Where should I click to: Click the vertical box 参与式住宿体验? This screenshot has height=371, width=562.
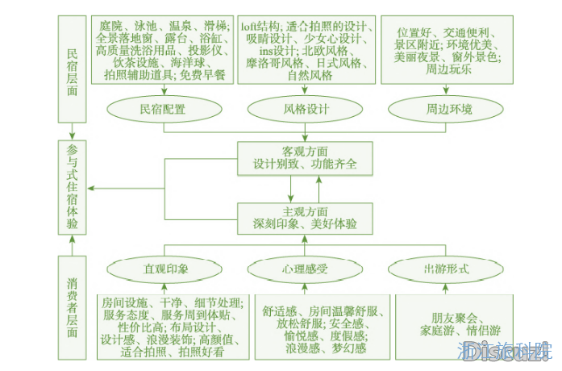click(73, 187)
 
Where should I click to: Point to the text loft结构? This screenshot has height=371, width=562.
click(260, 27)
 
